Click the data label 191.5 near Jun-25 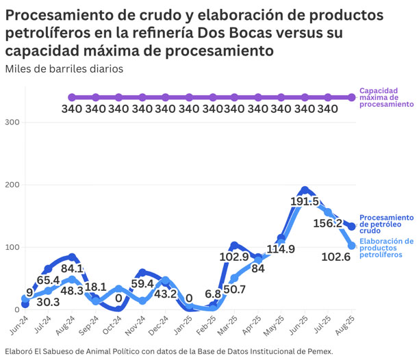(305, 202)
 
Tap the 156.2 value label (328, 224)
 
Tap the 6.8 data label (213, 294)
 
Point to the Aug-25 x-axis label (349, 324)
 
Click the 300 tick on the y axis (12, 123)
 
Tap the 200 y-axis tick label (12, 185)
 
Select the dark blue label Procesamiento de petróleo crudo (386, 224)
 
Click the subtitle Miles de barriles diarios (64, 68)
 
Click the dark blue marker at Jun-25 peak (305, 190)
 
